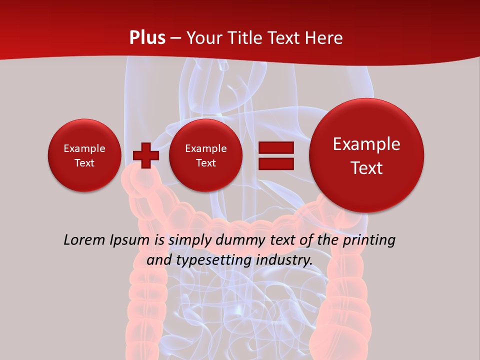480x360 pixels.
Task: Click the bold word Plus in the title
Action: [x=147, y=37]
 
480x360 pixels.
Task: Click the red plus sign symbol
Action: [x=145, y=155]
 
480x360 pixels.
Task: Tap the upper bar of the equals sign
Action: [x=275, y=147]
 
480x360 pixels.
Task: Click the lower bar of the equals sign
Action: [x=275, y=163]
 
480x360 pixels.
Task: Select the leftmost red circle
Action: [x=84, y=155]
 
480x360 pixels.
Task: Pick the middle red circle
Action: [x=205, y=155]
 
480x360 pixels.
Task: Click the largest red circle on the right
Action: [x=366, y=155]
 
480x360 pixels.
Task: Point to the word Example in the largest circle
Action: [x=366, y=144]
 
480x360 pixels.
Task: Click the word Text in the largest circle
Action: [x=366, y=168]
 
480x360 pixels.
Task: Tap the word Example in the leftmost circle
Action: [x=84, y=148]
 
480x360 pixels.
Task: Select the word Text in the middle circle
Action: [x=205, y=163]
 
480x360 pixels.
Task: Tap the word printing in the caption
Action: [x=369, y=240]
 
